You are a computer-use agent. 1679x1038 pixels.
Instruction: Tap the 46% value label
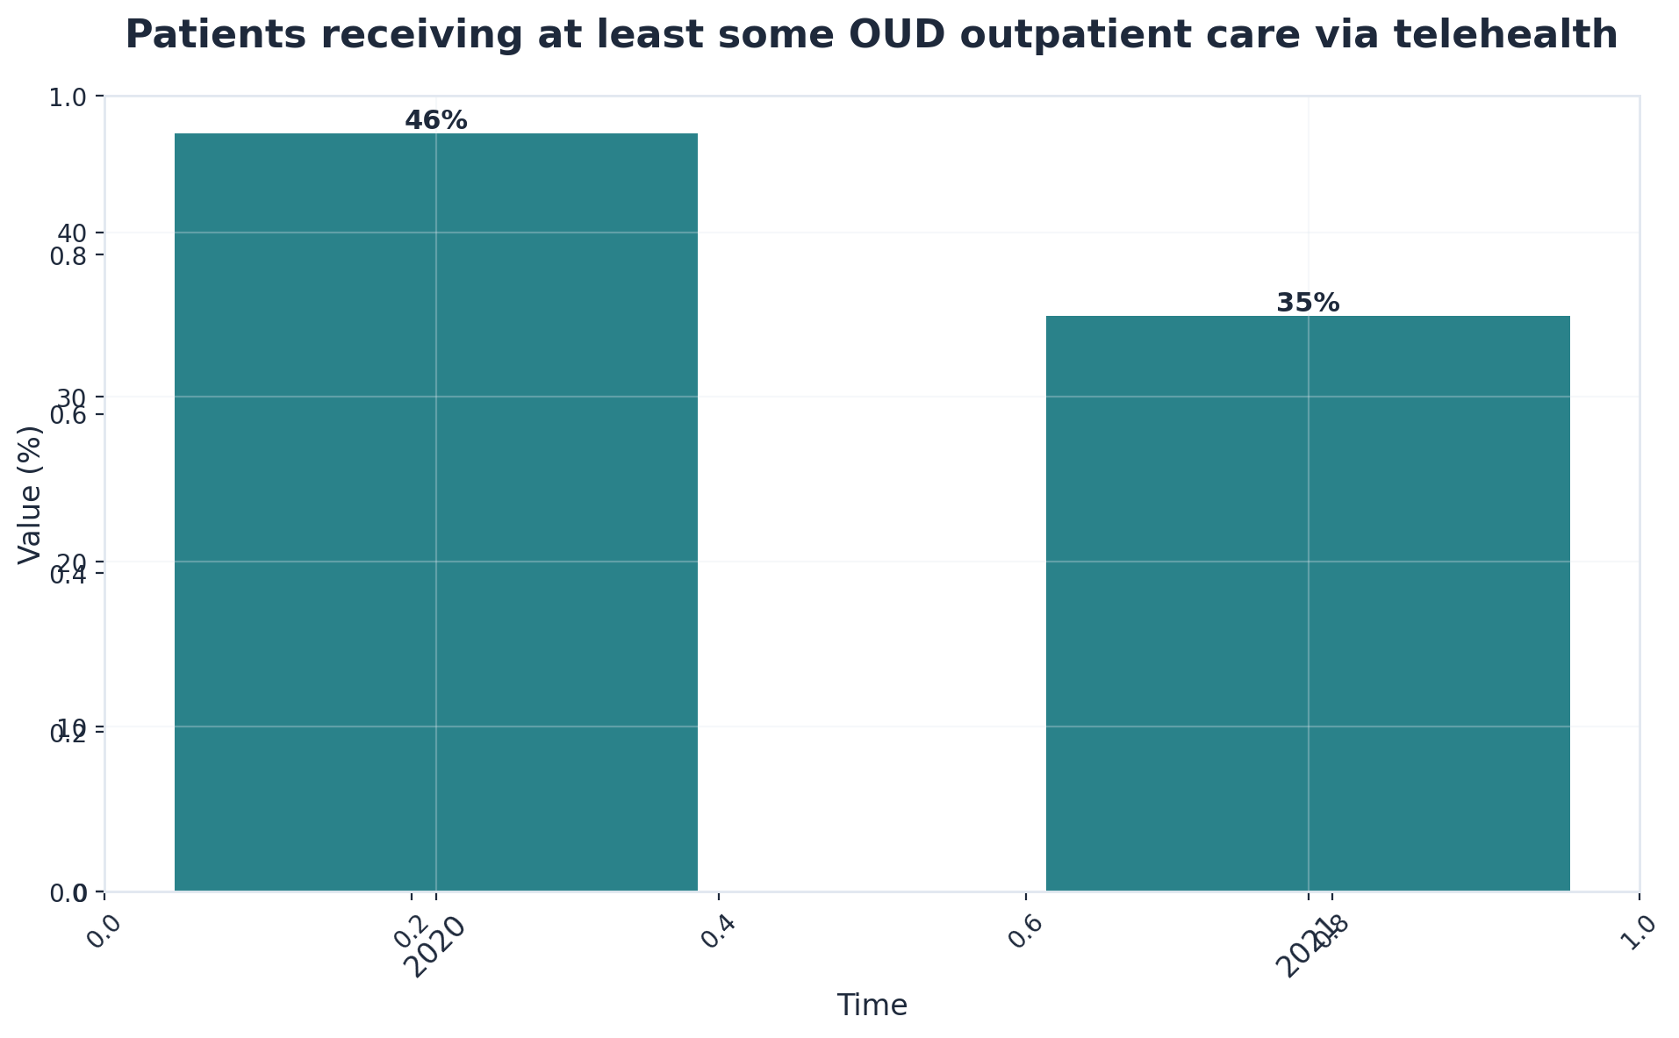436,121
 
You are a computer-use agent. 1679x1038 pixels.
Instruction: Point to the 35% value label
1308,304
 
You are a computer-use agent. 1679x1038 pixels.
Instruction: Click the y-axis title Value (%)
31,495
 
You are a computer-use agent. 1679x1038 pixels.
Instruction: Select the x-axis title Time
872,1006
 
